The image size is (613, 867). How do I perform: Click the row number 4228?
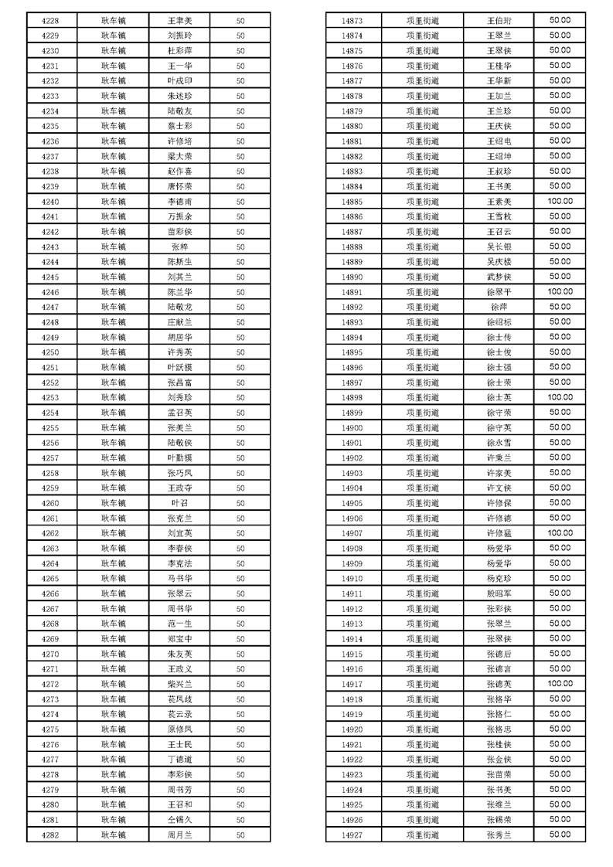pos(50,20)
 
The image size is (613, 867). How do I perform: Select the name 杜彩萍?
pos(179,50)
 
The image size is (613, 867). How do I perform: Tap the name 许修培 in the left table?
pos(179,141)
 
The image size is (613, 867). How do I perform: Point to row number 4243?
pos(50,246)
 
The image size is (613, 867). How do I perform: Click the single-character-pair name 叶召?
pos(179,503)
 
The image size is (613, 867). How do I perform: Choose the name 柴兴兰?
pos(179,684)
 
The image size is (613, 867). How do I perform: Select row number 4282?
pos(50,835)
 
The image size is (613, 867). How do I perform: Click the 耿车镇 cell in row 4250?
pos(113,352)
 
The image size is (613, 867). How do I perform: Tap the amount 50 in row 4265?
pos(240,578)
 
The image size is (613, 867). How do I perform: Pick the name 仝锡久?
pos(179,820)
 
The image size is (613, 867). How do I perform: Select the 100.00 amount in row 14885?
pos(560,201)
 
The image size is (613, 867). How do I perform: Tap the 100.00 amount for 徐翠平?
pos(560,291)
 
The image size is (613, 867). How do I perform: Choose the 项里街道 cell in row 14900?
pos(422,427)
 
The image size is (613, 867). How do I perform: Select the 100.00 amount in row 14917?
pos(560,683)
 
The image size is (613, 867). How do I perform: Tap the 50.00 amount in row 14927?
pos(560,834)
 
